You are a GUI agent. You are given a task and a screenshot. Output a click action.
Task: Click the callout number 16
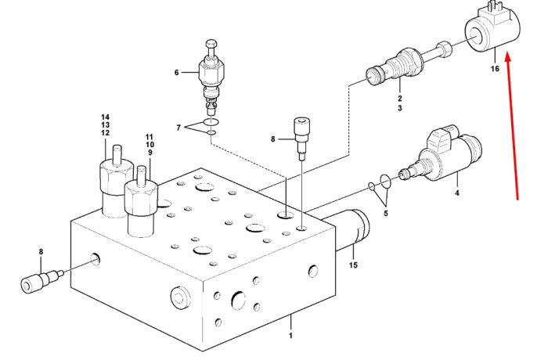coord(495,69)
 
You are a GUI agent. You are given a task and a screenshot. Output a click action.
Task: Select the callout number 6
coord(176,72)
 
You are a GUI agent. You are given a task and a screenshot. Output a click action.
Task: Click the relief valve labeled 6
coord(211,77)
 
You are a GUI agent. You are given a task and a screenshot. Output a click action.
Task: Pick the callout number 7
coord(178,128)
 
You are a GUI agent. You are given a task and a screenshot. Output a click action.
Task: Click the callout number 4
coord(456,193)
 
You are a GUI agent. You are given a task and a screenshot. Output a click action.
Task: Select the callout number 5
coord(385,213)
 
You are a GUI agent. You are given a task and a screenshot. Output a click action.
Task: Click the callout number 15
coord(353,265)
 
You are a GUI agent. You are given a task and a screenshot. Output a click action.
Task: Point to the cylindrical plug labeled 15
coord(346,231)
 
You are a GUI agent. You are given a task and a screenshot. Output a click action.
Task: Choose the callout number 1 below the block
coord(290,336)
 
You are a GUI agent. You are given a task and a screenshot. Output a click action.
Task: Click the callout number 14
coord(105,117)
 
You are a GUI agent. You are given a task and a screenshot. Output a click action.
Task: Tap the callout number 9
coord(150,153)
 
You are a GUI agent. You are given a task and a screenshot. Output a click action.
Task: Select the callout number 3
coord(400,108)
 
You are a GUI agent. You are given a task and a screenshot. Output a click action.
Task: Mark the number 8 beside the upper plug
coord(273,139)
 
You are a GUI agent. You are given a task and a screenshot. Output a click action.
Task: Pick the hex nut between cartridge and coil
coord(444,49)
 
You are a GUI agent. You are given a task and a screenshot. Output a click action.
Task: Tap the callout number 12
coord(105,133)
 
